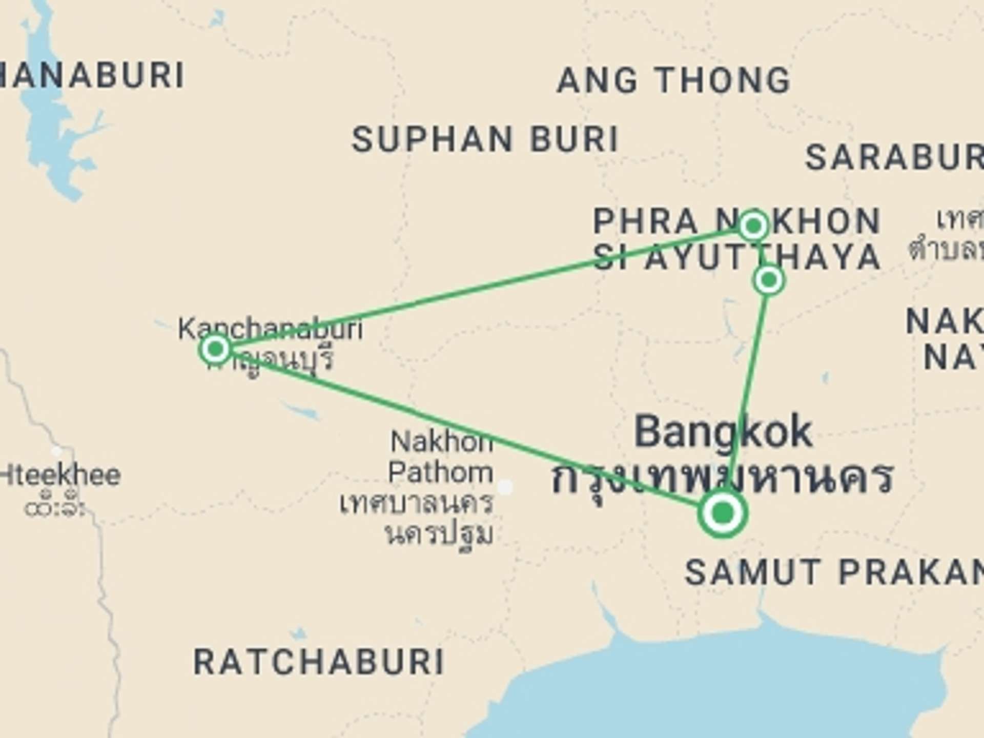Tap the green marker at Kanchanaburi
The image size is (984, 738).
pyautogui.click(x=216, y=349)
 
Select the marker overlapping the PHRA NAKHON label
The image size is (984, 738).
pyautogui.click(x=753, y=225)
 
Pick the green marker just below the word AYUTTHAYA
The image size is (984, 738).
pyautogui.click(x=769, y=280)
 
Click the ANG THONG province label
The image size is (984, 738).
pyautogui.click(x=673, y=80)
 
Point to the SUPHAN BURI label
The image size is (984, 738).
pyautogui.click(x=485, y=139)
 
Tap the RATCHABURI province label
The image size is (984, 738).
pyautogui.click(x=318, y=662)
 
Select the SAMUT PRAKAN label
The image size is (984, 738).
pyautogui.click(x=833, y=572)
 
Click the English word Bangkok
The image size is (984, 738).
pyautogui.click(x=723, y=432)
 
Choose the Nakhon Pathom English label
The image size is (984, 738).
pyautogui.click(x=441, y=457)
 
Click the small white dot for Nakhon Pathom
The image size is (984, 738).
pyautogui.click(x=505, y=487)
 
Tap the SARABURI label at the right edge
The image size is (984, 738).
pyautogui.click(x=894, y=157)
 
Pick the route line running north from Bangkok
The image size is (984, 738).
pyautogui.click(x=749, y=379)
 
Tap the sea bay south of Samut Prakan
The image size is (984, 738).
pyautogui.click(x=717, y=687)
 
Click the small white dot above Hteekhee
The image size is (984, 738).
pyautogui.click(x=57, y=451)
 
